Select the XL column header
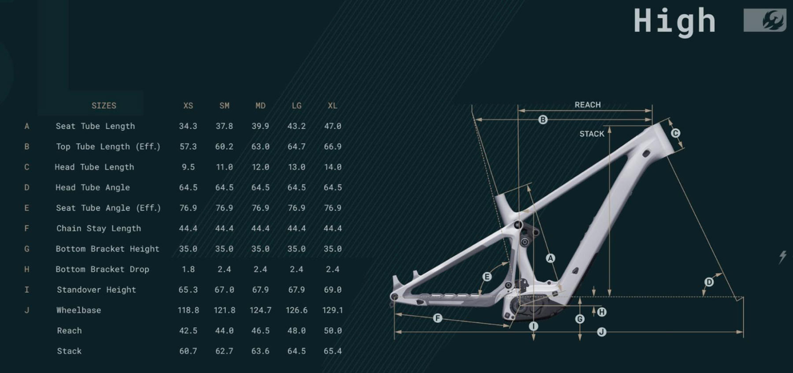point(333,106)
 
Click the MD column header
point(260,106)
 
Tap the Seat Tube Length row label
point(95,126)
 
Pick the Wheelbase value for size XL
point(333,310)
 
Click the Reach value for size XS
point(188,331)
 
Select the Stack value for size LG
point(296,351)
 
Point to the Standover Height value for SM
point(224,290)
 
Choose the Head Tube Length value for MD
point(260,167)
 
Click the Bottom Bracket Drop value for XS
point(188,269)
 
